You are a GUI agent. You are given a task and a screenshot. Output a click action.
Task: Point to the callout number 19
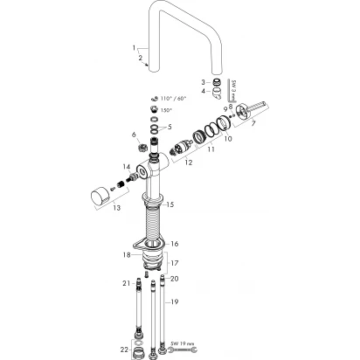point(174,301)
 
